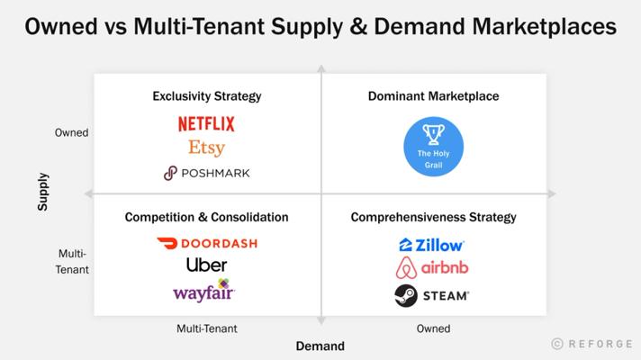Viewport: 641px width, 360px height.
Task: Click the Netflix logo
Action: [x=206, y=124]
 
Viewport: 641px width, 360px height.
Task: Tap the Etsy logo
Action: [x=206, y=148]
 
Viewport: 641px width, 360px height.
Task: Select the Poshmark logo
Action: [x=206, y=174]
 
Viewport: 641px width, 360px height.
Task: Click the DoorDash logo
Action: [x=207, y=244]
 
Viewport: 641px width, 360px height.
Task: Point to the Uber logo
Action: [x=206, y=265]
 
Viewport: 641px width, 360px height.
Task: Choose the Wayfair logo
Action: [x=203, y=291]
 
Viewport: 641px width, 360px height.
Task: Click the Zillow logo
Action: [x=431, y=245]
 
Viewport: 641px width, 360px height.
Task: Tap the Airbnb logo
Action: [x=432, y=268]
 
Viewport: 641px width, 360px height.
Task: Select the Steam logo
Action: [x=432, y=295]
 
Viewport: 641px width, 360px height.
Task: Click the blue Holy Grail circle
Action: [x=433, y=147]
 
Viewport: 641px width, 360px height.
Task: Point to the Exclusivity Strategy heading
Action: [x=207, y=96]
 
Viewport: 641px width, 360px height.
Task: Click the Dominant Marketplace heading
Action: [x=433, y=96]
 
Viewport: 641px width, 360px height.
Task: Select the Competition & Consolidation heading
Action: [x=206, y=217]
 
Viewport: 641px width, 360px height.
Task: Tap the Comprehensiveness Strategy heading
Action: [x=433, y=218]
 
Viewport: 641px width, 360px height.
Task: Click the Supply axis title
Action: [x=42, y=192]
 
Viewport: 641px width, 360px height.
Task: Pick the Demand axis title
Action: [x=320, y=346]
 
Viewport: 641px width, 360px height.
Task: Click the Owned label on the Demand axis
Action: [x=433, y=328]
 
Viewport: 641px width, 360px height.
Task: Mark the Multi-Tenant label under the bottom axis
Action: [x=207, y=328]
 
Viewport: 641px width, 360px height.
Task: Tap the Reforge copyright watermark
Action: [x=592, y=344]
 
